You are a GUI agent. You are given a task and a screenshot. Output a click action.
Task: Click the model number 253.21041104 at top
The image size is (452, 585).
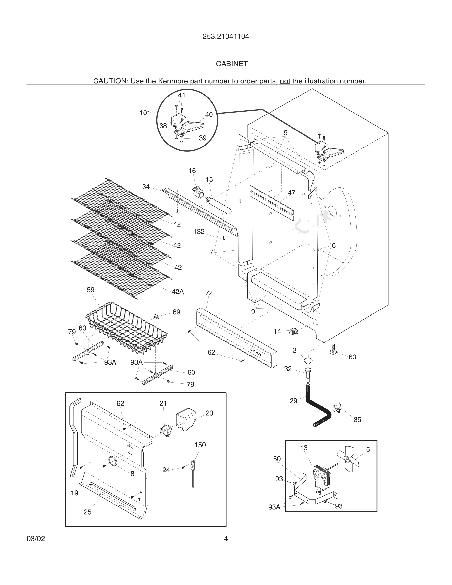point(226,37)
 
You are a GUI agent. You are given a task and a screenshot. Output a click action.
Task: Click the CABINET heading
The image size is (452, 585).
point(232,64)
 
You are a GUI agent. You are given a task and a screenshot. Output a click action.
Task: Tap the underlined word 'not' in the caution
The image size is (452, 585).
point(285,81)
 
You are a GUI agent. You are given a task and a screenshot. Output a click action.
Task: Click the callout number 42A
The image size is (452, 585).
point(178,292)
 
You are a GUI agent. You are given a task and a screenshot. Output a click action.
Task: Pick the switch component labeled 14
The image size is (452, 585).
point(293,332)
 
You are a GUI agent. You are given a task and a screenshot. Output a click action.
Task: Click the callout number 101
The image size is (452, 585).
point(145,113)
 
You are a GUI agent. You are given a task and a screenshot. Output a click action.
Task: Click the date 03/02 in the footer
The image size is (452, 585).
point(36,539)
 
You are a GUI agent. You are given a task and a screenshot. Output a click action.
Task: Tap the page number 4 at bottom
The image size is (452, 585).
point(226,539)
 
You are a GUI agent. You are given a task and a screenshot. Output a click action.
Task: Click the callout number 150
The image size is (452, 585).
point(200,445)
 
